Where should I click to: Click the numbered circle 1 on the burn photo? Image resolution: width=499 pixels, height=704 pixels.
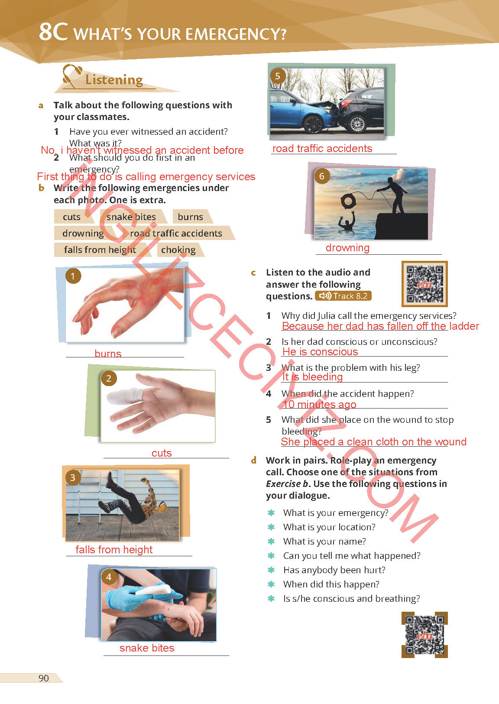coord(73,276)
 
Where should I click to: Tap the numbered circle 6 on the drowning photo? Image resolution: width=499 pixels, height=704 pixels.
coord(322,176)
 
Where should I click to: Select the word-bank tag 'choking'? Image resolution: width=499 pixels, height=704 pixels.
coord(178,250)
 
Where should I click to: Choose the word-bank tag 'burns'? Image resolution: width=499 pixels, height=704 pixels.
coord(191,217)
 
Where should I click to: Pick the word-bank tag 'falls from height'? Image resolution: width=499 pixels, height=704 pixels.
coord(100,250)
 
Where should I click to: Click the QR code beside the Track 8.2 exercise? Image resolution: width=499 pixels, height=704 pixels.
coord(424,284)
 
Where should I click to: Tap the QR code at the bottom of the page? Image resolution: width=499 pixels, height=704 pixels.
coord(424,635)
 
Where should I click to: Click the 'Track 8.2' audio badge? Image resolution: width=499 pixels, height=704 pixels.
coord(343,296)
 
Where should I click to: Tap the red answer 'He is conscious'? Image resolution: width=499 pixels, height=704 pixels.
coord(320,352)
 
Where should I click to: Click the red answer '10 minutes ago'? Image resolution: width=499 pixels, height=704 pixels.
coord(319,405)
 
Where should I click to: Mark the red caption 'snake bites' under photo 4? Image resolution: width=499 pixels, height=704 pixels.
coord(147,648)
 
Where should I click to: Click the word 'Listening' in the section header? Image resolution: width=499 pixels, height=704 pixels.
coord(114,80)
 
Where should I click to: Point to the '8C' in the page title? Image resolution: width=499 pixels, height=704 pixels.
coord(53,32)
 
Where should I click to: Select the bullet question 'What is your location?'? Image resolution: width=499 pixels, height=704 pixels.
coord(329,527)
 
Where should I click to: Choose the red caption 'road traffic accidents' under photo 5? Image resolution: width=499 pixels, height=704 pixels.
coord(322,148)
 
